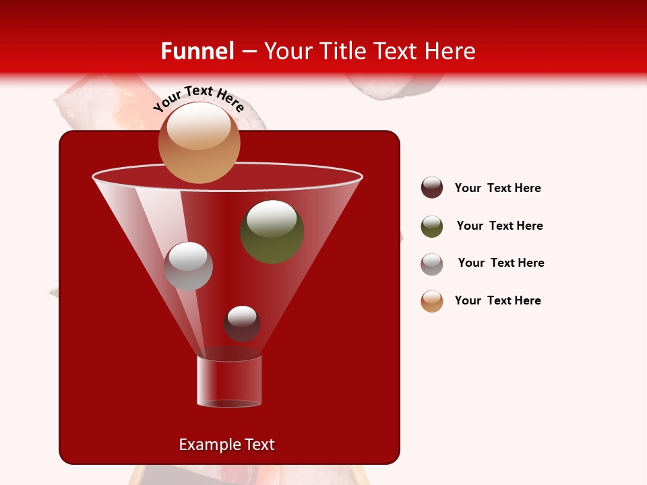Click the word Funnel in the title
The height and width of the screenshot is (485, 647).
(x=197, y=51)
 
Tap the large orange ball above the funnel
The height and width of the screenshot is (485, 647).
(x=199, y=143)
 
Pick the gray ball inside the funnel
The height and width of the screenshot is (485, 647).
(x=188, y=267)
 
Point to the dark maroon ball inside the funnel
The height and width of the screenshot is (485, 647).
(x=242, y=324)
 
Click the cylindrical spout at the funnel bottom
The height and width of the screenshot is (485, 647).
(x=229, y=382)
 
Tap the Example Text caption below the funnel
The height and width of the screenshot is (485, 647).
(x=226, y=445)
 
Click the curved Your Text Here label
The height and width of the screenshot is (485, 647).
(x=199, y=99)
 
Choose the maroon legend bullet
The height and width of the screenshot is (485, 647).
(x=432, y=188)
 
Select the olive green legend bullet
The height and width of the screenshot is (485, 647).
(x=432, y=226)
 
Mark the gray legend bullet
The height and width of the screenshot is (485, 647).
(x=432, y=264)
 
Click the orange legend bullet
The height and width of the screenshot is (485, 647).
(x=432, y=301)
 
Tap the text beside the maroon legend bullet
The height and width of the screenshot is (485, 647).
(x=497, y=188)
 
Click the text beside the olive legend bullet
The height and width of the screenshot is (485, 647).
(x=499, y=226)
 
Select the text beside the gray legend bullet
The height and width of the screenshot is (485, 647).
(x=501, y=263)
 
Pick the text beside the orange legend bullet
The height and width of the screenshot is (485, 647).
(x=497, y=300)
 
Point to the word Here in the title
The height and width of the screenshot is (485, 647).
(x=450, y=51)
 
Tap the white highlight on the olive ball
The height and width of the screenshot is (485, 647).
(x=271, y=218)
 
